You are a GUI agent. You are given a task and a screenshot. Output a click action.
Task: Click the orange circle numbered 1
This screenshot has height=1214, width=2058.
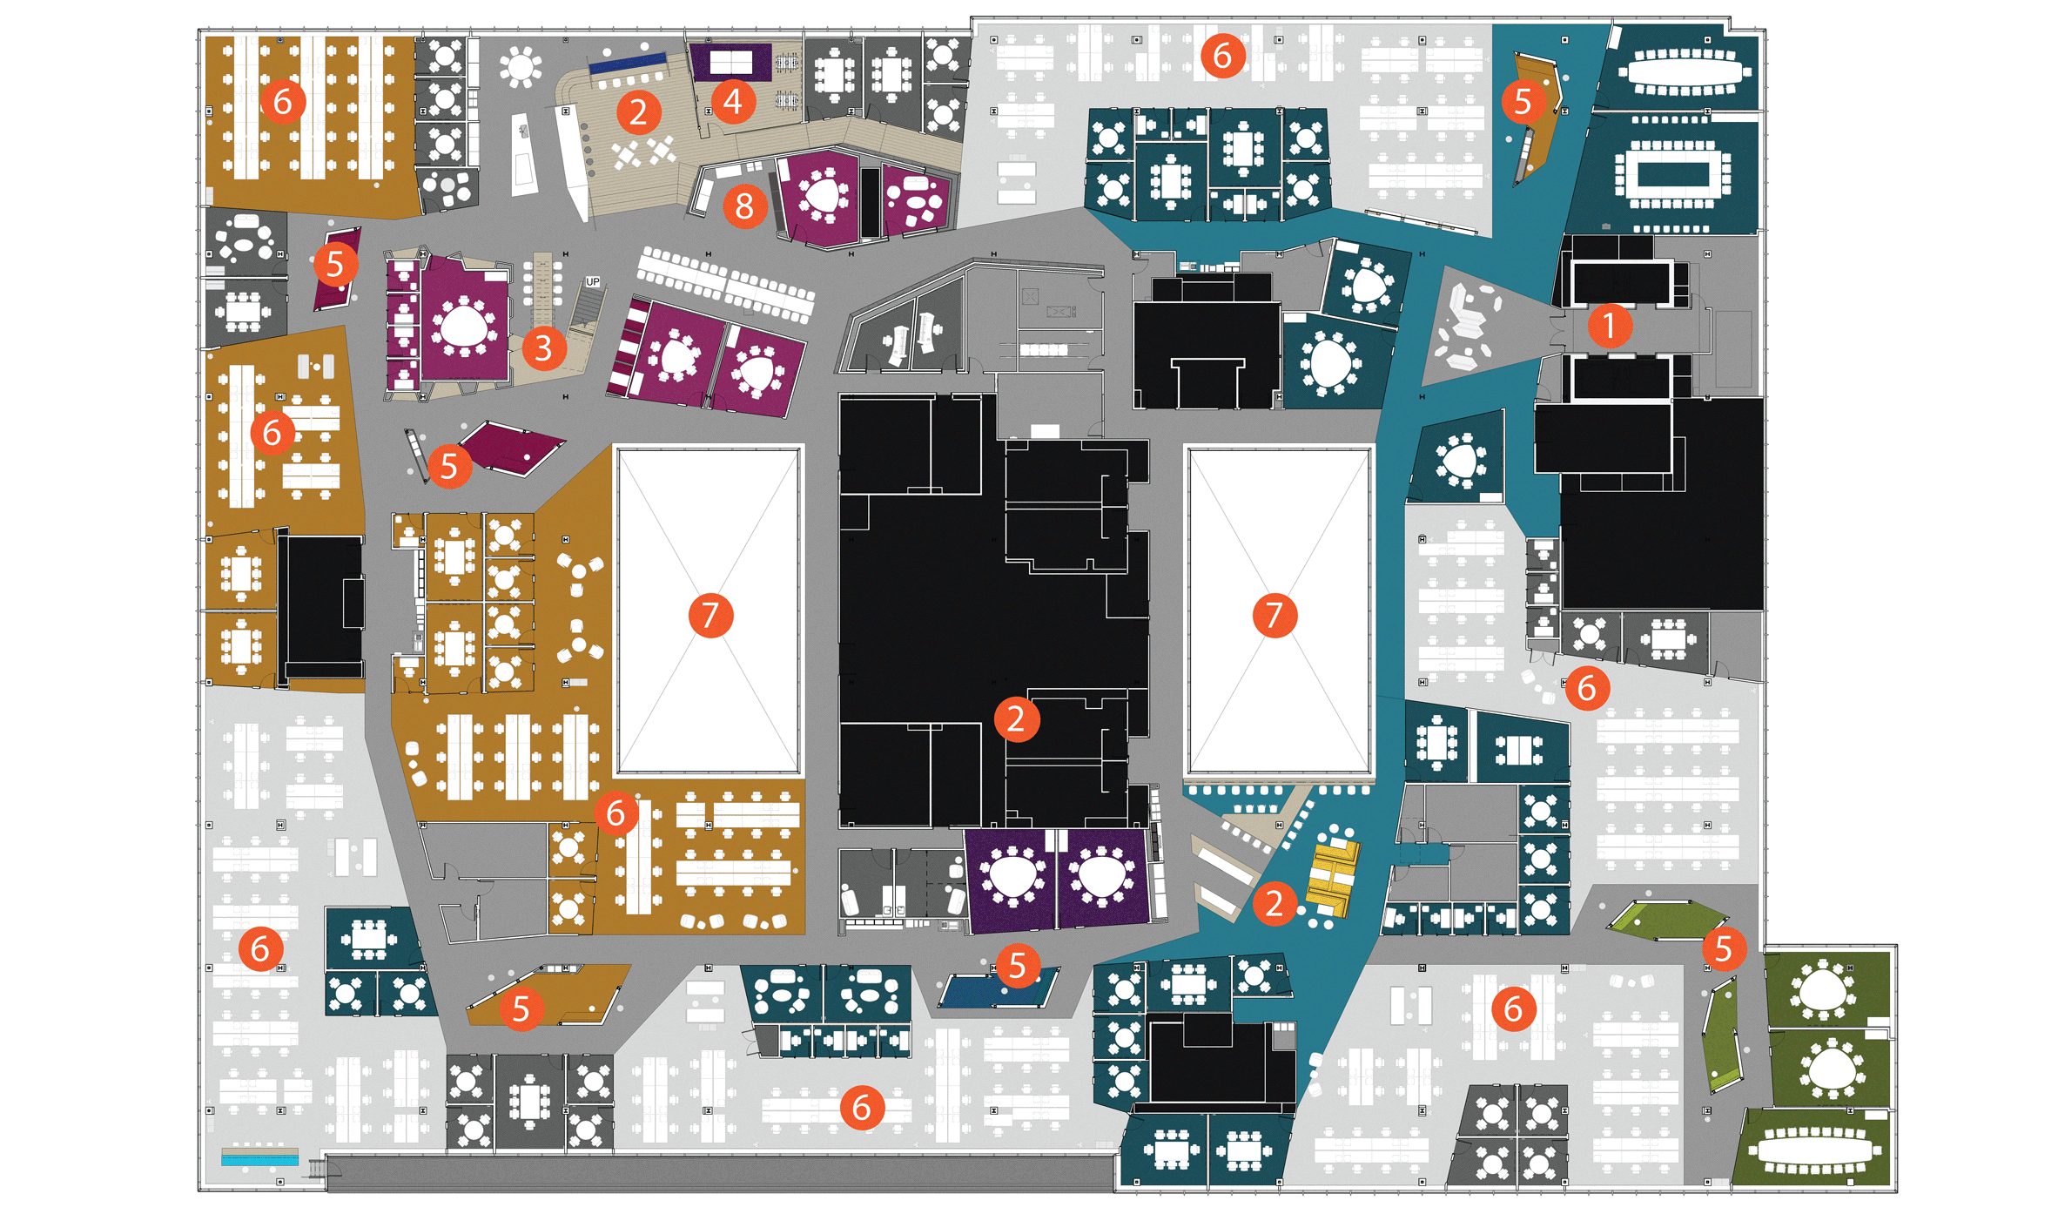(x=1609, y=326)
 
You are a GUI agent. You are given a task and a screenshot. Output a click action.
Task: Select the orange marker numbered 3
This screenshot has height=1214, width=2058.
(x=544, y=348)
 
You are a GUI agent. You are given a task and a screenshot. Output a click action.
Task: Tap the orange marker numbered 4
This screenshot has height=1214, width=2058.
(x=733, y=102)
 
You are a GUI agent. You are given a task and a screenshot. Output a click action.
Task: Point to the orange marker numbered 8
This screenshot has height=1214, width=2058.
(x=744, y=207)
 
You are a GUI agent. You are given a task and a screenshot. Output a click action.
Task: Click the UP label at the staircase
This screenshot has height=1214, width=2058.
(x=593, y=282)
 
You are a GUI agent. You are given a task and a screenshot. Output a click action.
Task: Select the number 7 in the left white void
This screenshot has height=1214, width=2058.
(x=710, y=616)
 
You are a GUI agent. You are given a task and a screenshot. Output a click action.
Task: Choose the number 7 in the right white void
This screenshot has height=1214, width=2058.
(x=1274, y=615)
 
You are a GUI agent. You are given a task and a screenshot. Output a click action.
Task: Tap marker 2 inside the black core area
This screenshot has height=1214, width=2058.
(x=1016, y=719)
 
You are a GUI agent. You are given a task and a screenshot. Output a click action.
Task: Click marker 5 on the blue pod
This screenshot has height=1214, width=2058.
(x=1017, y=965)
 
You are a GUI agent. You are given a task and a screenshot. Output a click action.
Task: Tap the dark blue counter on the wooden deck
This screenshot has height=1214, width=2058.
(x=627, y=64)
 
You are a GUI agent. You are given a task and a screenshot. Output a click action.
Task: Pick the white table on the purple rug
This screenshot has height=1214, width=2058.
(x=731, y=63)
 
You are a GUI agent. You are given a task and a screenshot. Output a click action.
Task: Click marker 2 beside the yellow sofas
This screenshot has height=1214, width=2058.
(x=1274, y=903)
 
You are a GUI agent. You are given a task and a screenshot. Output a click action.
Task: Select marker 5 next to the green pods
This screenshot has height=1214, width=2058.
(x=1724, y=948)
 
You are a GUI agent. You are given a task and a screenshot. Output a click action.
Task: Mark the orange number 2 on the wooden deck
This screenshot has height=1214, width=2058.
(x=639, y=112)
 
